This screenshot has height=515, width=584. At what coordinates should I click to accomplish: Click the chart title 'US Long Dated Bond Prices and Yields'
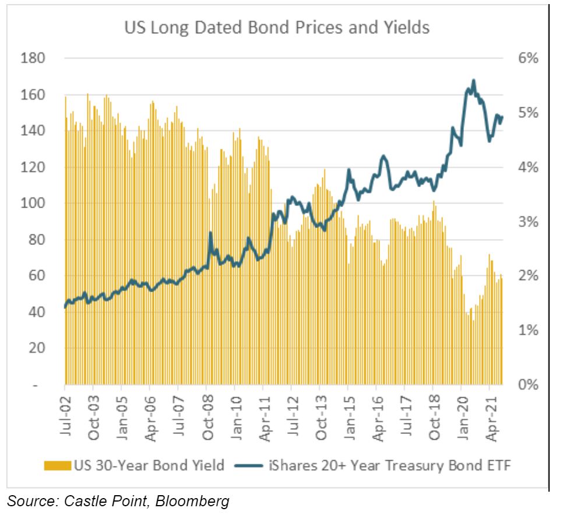click(x=277, y=27)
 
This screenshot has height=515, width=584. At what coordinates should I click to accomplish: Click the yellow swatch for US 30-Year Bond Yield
click(x=58, y=465)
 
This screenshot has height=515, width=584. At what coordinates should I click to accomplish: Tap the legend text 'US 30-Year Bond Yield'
click(x=148, y=465)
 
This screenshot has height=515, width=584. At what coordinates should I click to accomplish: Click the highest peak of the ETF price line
click(x=473, y=80)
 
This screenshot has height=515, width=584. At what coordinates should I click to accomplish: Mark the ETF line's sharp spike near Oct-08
click(x=210, y=233)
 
